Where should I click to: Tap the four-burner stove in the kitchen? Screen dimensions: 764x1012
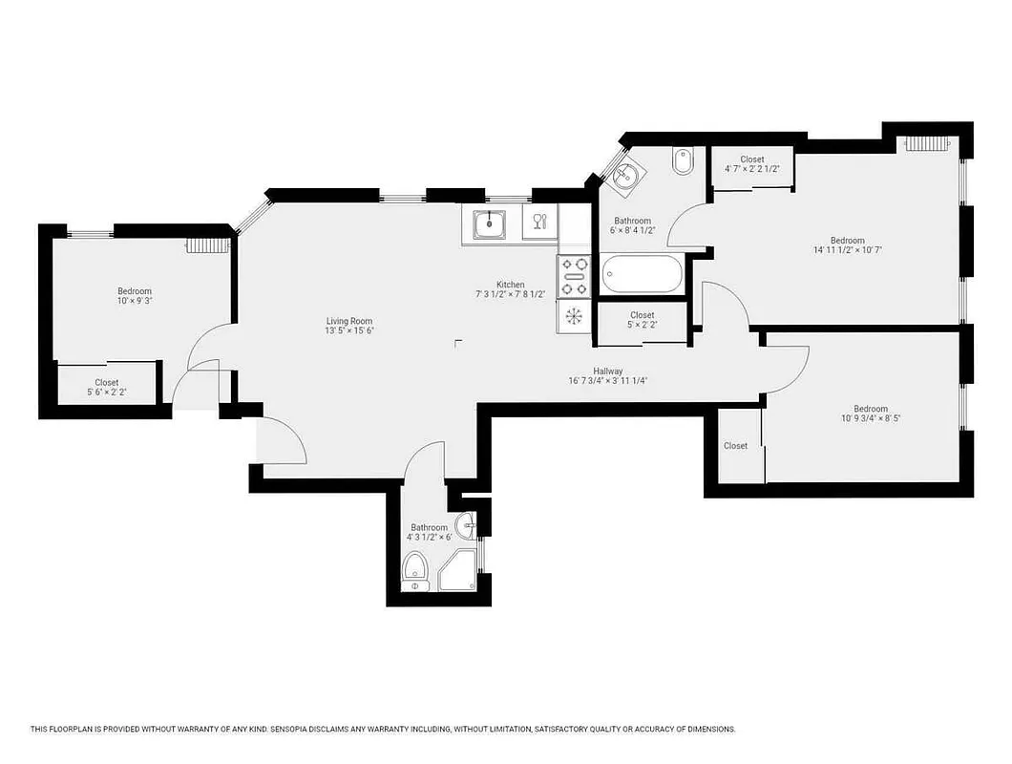click(x=575, y=276)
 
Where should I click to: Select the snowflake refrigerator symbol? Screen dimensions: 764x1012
click(x=575, y=316)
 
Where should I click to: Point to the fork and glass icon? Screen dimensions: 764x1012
click(x=539, y=223)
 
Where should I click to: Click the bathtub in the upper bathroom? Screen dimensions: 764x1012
click(x=643, y=277)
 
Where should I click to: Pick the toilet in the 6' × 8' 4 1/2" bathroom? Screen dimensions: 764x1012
click(x=683, y=161)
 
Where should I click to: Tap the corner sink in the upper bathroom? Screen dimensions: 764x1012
click(x=625, y=176)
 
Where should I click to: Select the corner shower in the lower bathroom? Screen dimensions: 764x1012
click(x=457, y=570)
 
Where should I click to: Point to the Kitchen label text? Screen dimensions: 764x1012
click(x=510, y=285)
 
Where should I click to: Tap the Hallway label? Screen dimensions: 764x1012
click(x=608, y=371)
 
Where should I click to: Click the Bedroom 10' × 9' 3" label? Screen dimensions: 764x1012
click(x=135, y=291)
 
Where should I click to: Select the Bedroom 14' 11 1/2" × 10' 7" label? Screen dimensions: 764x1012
click(x=847, y=241)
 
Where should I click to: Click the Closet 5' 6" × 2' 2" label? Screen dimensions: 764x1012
click(x=107, y=382)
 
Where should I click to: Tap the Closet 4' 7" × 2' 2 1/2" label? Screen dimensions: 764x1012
click(x=752, y=159)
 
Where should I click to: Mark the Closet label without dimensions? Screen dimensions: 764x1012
click(x=735, y=446)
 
